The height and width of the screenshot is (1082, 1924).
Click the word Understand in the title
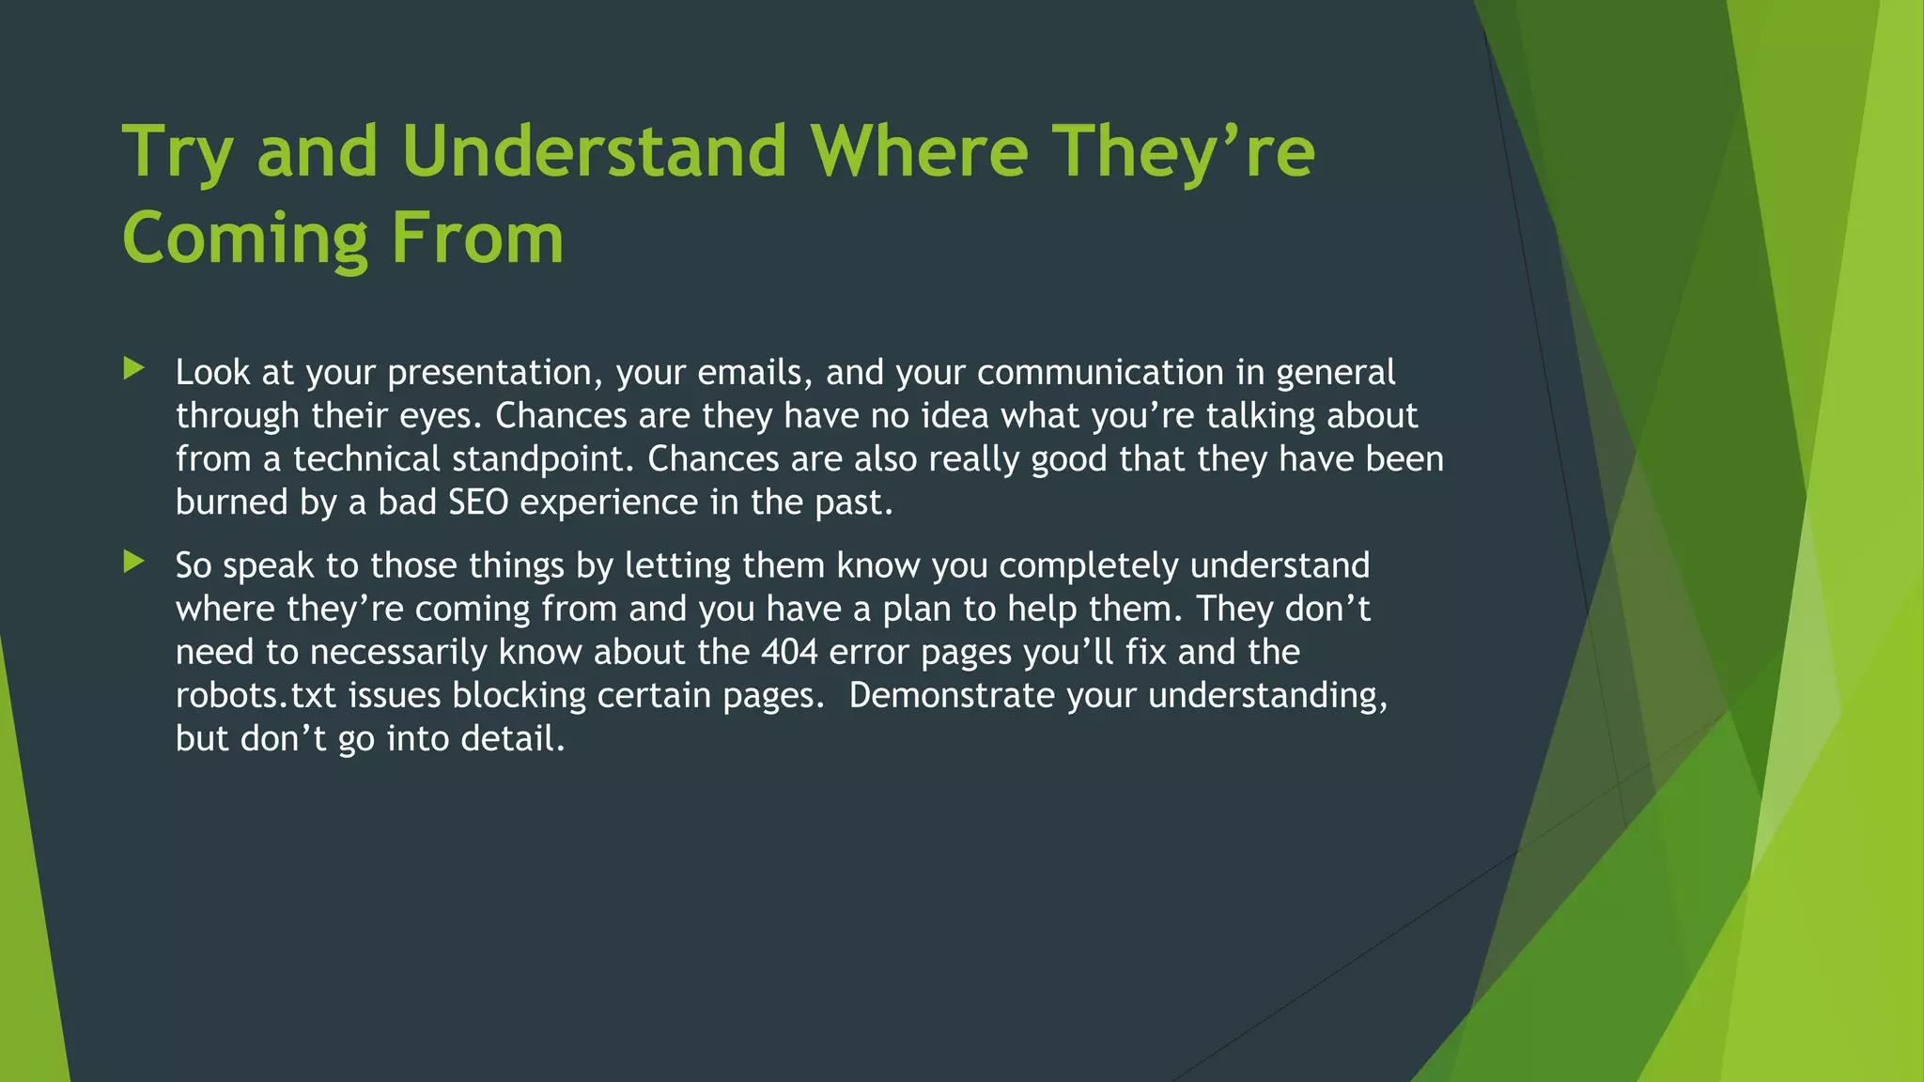[594, 152]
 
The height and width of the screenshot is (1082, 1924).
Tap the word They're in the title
[1183, 152]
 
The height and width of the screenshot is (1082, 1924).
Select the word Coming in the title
[245, 240]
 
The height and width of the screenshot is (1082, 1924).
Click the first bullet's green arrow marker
[134, 369]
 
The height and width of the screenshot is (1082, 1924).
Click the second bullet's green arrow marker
[134, 562]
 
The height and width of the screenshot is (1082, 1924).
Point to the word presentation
[495, 373]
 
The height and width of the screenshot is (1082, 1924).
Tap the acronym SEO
[477, 502]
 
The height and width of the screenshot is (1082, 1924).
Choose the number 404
[789, 652]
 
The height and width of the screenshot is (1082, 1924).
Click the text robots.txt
[256, 695]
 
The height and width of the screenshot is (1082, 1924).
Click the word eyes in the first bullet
[442, 416]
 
